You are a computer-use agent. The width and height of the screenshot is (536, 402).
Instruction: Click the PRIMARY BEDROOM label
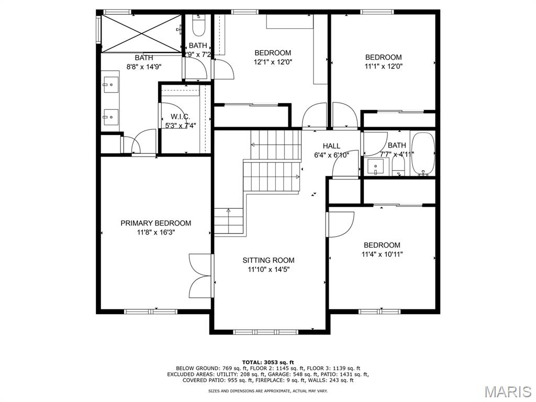point(155,223)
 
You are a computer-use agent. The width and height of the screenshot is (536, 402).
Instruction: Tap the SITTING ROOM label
point(268,260)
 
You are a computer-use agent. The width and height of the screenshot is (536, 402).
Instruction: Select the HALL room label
point(331,146)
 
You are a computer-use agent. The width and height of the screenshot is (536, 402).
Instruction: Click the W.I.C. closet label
point(180,117)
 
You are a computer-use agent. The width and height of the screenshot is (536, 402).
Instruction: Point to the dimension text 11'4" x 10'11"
point(382,254)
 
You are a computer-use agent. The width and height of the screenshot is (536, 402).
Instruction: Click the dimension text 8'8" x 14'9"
point(143,66)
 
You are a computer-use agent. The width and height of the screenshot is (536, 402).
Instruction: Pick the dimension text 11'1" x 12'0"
point(383,66)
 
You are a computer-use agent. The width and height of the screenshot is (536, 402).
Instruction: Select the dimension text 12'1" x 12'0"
point(273,62)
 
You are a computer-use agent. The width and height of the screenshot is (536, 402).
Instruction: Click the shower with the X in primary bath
point(141,33)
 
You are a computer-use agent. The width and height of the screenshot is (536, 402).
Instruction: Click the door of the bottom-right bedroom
point(340,224)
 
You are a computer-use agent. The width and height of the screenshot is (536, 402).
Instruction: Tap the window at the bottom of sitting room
point(265,331)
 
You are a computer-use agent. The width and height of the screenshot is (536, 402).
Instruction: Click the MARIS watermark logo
point(507,390)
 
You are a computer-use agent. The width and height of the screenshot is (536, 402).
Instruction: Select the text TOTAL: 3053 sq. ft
point(268,362)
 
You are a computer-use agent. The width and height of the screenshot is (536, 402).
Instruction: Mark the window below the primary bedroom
point(150,311)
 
